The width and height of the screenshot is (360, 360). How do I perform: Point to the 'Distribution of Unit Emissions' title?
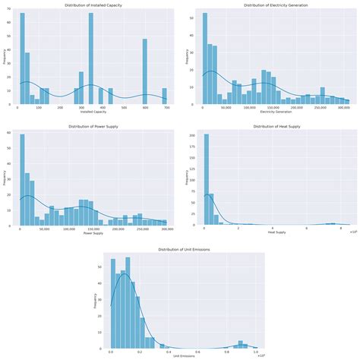click(182, 249)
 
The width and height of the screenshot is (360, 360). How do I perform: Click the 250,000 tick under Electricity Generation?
click(321, 108)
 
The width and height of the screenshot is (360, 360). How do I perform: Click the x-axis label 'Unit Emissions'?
click(182, 355)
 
